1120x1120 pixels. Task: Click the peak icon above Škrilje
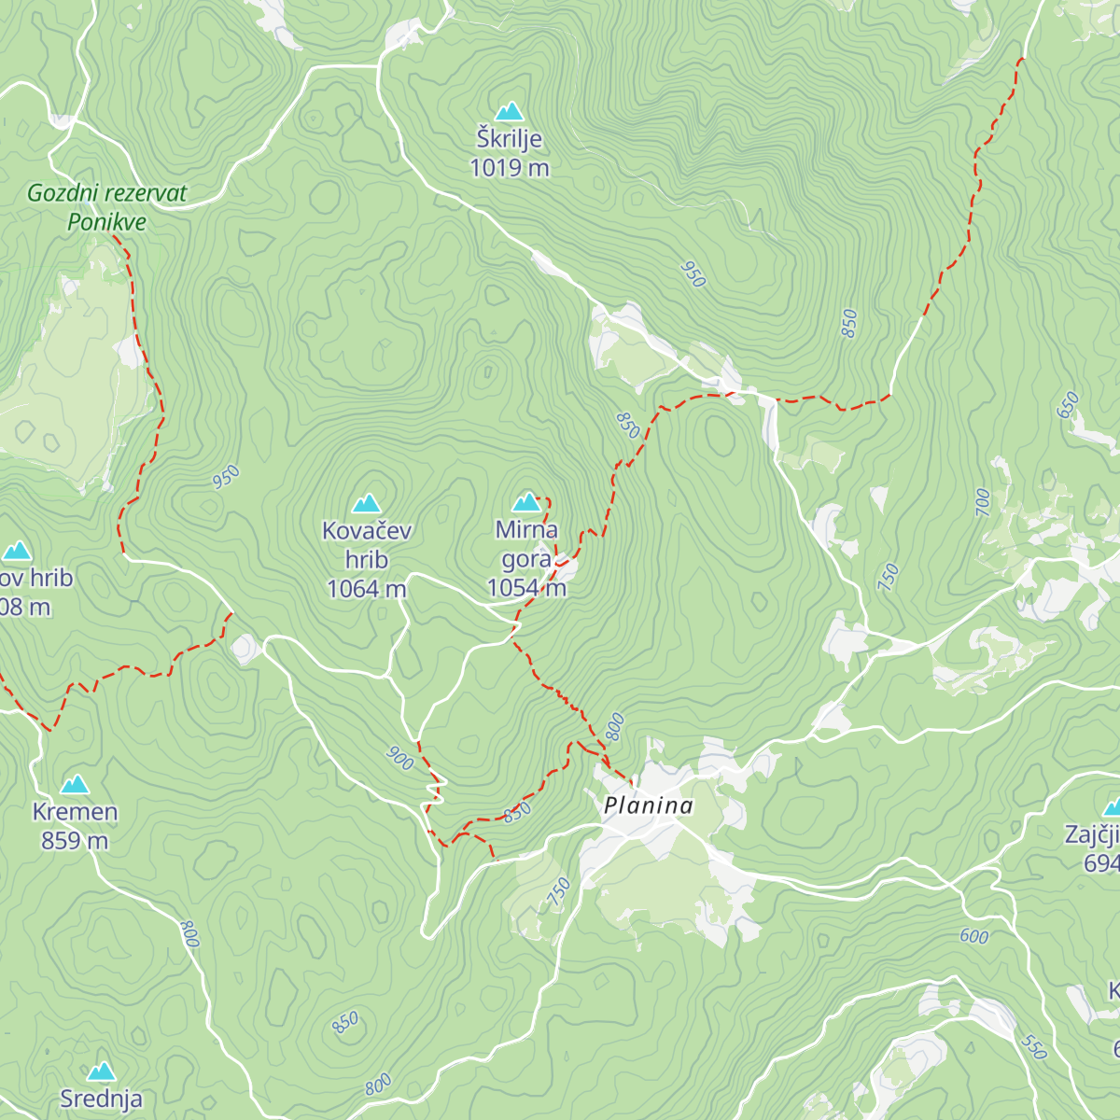[509, 112]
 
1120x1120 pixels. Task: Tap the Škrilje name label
[509, 140]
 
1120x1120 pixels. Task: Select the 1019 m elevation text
[509, 169]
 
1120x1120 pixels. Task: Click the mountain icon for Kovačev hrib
[366, 504]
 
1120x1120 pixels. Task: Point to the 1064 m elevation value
[366, 589]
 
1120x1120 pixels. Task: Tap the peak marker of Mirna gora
[527, 503]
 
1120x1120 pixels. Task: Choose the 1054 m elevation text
[526, 588]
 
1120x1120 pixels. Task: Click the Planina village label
[649, 806]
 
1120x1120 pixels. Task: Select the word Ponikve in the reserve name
[106, 223]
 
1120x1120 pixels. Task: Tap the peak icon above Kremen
[75, 784]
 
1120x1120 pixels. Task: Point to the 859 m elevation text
[75, 841]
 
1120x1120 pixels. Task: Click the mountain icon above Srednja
[101, 1071]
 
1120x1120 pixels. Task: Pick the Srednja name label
[101, 1099]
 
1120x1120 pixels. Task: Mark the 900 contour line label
[399, 759]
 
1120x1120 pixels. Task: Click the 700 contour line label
[983, 502]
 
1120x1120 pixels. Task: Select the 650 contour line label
[1068, 405]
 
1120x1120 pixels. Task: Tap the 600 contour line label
[973, 936]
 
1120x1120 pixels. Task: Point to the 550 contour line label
[1033, 1047]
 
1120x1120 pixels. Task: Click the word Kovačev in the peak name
[367, 531]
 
